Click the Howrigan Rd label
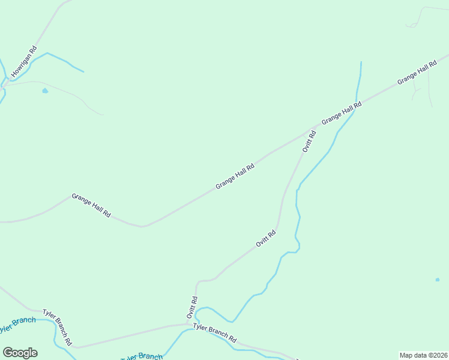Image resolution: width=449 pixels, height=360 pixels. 25,63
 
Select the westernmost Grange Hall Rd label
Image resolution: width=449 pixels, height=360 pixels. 91,205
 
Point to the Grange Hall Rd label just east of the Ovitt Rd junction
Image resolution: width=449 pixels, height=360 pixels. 341,113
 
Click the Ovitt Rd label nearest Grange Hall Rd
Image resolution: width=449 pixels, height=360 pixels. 309,140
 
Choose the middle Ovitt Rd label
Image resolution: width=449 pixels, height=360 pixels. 265,238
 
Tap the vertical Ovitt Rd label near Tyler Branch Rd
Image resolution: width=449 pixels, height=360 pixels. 191,307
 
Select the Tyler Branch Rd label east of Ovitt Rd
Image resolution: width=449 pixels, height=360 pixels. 214,331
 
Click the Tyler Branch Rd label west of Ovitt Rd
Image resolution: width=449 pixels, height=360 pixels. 58,328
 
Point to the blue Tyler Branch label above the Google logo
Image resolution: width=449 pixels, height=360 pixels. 17,324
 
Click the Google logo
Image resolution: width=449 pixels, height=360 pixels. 20,352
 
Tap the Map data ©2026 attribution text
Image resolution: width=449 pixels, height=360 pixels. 423,355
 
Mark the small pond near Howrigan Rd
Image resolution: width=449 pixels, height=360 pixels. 45,91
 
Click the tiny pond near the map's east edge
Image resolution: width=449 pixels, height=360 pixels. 438,279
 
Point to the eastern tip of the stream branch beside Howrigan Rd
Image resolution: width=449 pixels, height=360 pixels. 83,72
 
